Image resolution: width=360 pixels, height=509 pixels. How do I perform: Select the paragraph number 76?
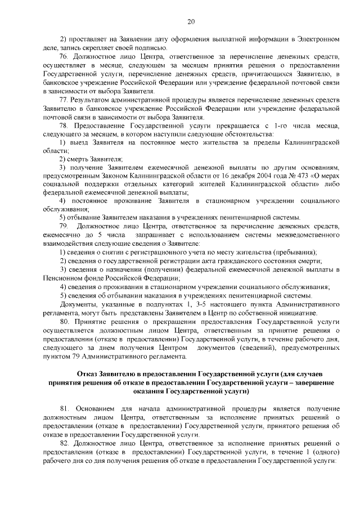tap(64, 57)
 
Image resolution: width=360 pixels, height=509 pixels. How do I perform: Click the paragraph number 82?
tap(64, 444)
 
